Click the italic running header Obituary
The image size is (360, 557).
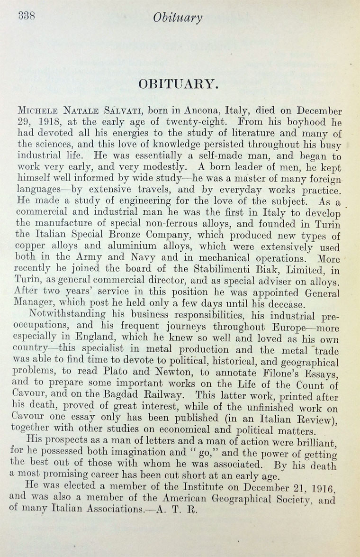178,18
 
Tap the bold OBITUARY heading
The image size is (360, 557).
178,84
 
